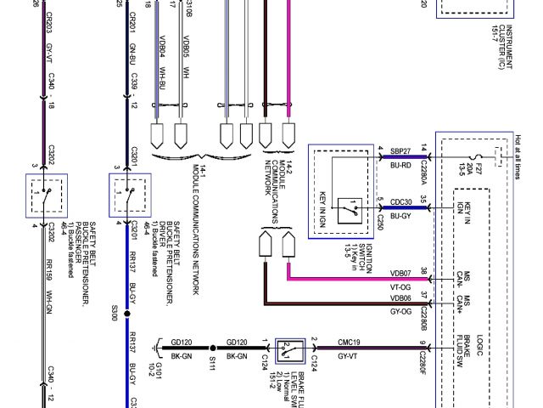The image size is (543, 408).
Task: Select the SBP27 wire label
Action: click(x=400, y=150)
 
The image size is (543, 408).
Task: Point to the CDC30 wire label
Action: click(x=400, y=201)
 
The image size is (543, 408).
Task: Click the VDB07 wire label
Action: click(x=400, y=273)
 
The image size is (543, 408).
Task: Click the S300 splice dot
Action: click(x=127, y=314)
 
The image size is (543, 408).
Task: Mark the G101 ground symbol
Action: click(x=158, y=348)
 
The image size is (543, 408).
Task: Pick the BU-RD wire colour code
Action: click(x=400, y=165)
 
